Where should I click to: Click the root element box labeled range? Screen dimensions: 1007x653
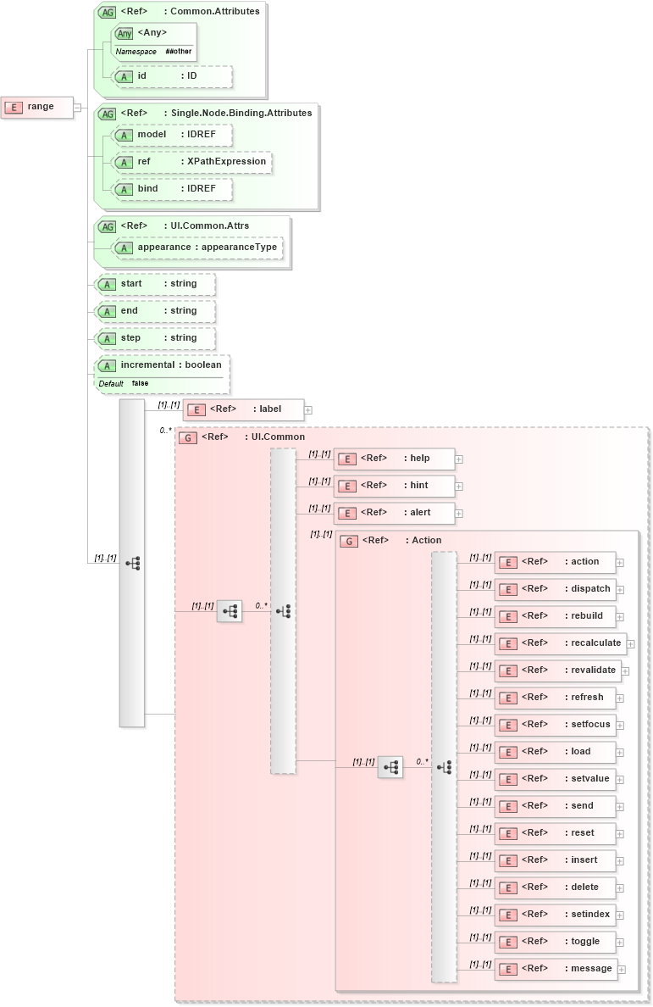tap(37, 107)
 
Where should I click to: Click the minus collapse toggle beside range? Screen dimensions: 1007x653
tap(77, 107)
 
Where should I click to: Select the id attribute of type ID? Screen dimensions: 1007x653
tap(173, 76)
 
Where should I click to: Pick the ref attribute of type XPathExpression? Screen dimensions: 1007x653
tap(193, 162)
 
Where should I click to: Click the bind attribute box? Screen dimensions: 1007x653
tap(173, 189)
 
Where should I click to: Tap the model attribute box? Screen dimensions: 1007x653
tap(173, 135)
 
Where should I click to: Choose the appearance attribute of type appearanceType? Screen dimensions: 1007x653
tap(198, 248)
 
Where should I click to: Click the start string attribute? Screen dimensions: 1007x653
tap(157, 284)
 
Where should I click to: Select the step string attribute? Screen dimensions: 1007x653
tap(157, 338)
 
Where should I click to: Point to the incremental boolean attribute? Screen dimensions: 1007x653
tap(163, 365)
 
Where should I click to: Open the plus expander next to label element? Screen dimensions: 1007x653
tap(308, 410)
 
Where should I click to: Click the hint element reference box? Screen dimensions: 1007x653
tap(395, 486)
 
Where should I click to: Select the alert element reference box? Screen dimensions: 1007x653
tap(395, 513)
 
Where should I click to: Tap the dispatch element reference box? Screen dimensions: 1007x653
tap(555, 589)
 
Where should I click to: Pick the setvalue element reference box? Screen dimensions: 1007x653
tap(555, 779)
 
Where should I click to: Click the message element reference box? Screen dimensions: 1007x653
tap(556, 969)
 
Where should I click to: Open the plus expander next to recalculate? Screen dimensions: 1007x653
tap(630, 643)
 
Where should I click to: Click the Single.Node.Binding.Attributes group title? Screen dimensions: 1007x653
tap(241, 113)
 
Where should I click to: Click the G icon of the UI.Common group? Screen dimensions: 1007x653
tap(188, 437)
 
